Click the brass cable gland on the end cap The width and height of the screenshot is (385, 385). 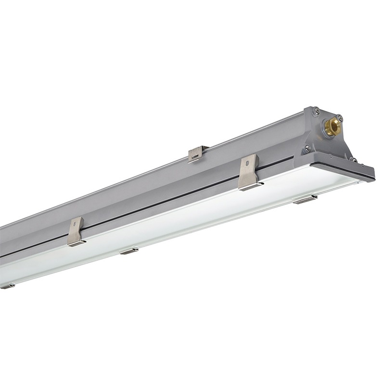pyautogui.click(x=332, y=127)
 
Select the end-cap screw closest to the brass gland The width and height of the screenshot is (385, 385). pyautogui.click(x=340, y=117)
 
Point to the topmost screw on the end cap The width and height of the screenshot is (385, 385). pyautogui.click(x=316, y=111)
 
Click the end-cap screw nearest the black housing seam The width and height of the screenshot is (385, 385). pyautogui.click(x=307, y=149)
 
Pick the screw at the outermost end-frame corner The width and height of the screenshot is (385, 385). pyautogui.click(x=354, y=159)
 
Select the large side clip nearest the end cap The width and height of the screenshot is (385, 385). pyautogui.click(x=249, y=172)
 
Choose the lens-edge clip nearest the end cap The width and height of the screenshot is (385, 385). pyautogui.click(x=305, y=199)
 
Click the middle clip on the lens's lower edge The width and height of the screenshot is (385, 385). pyautogui.click(x=129, y=251)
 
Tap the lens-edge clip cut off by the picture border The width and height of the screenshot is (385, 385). pyautogui.click(x=7, y=286)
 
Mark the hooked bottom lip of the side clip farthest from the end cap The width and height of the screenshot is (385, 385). pyautogui.click(x=77, y=243)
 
